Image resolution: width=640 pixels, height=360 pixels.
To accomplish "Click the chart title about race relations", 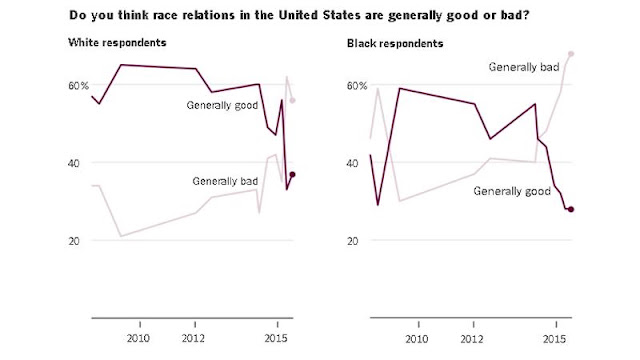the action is click(x=299, y=16).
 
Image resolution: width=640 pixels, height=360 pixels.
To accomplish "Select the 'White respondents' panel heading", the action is click(x=117, y=43).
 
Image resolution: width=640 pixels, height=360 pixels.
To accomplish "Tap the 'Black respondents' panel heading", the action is click(x=395, y=44).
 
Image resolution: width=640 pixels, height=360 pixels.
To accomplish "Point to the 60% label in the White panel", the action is click(x=78, y=86).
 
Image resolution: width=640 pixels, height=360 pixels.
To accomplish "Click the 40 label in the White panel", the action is click(x=73, y=163).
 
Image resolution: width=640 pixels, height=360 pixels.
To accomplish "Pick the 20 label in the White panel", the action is click(x=73, y=241).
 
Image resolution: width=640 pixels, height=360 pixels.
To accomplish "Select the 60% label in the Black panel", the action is click(x=357, y=86).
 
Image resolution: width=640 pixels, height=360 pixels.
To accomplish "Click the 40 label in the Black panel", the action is click(x=352, y=163).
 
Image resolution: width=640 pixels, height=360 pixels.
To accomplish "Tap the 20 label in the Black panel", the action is click(x=352, y=241).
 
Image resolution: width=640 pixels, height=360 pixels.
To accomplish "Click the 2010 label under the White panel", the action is click(x=138, y=338).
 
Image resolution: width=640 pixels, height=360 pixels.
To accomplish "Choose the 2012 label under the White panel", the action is click(x=193, y=338).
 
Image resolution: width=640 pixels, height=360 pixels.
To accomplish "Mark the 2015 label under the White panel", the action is click(x=276, y=338).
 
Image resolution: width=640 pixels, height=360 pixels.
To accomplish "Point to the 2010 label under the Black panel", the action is click(x=417, y=339).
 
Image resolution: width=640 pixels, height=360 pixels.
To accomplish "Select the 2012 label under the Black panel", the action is click(x=472, y=339).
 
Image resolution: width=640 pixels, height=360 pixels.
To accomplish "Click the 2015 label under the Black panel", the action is click(x=554, y=339).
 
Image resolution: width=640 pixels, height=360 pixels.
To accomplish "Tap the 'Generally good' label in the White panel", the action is click(x=222, y=106).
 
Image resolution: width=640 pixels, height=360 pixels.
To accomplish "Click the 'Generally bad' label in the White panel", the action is click(x=225, y=181).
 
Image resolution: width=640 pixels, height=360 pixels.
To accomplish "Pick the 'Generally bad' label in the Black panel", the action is click(x=524, y=67).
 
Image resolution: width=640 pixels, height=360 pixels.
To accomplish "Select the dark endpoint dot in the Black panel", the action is click(x=571, y=209).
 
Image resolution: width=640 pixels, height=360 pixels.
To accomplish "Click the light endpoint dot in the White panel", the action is click(x=292, y=100).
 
